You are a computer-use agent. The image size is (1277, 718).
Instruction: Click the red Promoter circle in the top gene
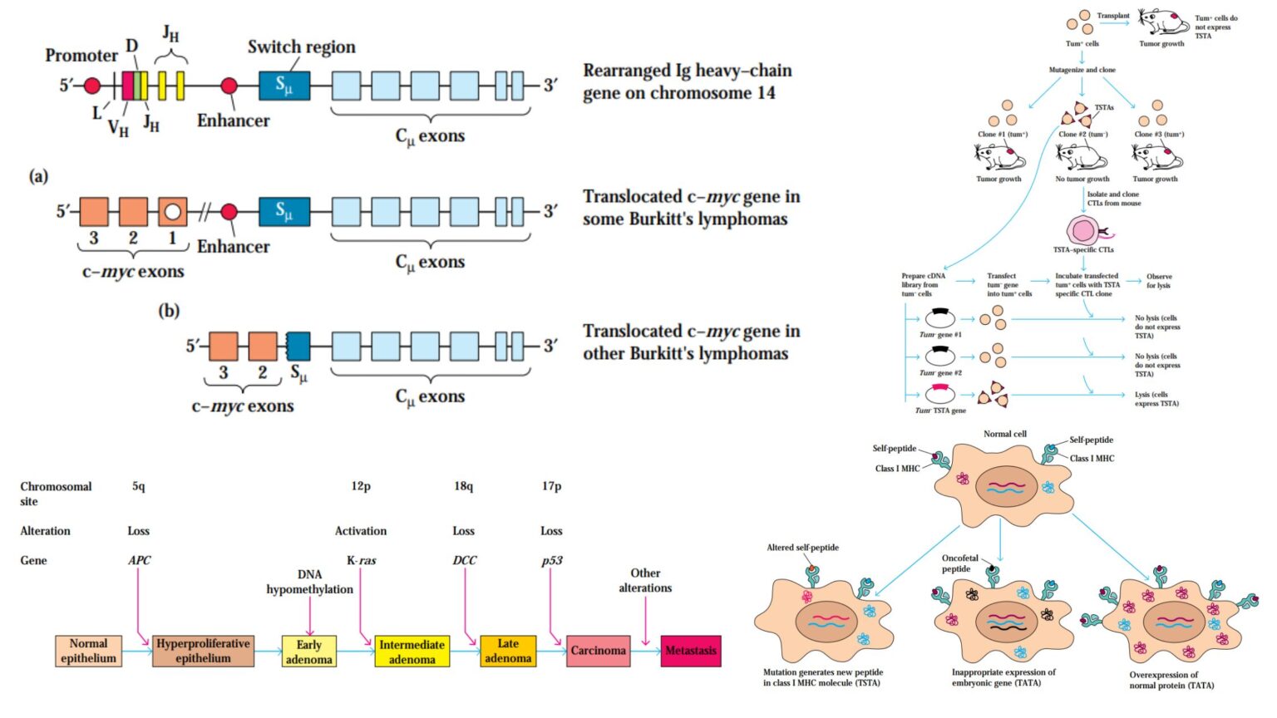(x=92, y=86)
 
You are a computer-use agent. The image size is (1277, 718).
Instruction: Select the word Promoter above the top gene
(x=81, y=56)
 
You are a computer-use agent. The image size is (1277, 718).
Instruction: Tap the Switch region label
(x=301, y=47)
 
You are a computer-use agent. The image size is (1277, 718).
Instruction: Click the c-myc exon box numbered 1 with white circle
(x=172, y=212)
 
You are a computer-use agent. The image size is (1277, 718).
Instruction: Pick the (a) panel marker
(x=38, y=176)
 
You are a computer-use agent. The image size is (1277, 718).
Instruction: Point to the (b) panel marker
(x=169, y=311)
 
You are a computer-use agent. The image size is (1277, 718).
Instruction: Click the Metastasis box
(x=690, y=651)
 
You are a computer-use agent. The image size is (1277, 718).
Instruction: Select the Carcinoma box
(x=597, y=651)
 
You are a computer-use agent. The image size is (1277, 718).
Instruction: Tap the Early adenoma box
(x=308, y=652)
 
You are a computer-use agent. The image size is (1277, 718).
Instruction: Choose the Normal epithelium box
(x=88, y=651)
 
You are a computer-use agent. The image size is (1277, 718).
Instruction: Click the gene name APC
(x=139, y=561)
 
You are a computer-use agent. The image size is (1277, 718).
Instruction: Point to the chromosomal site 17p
(x=551, y=486)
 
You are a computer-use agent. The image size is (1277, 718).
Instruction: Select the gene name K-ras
(x=361, y=561)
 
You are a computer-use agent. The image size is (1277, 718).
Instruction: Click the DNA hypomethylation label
(x=309, y=582)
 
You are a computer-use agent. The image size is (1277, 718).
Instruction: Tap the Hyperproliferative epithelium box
(x=203, y=651)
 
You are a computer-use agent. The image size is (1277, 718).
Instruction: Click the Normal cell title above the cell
(x=1004, y=434)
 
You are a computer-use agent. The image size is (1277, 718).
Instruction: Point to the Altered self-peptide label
(x=802, y=548)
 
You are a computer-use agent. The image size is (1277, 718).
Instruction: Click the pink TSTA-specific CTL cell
(x=1082, y=231)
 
